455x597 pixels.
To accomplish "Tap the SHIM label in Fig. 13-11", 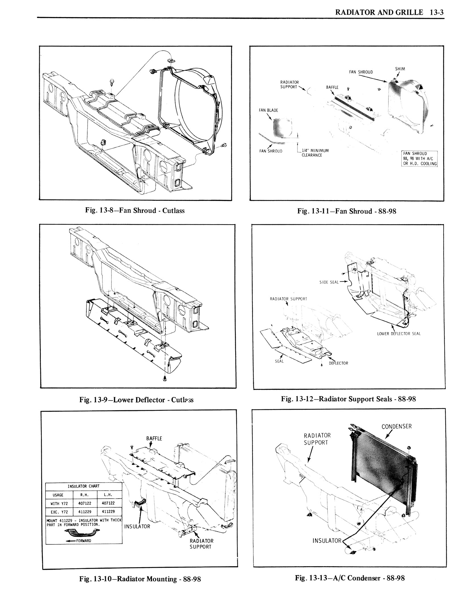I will (400, 69).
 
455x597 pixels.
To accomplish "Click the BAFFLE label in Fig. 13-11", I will (332, 87).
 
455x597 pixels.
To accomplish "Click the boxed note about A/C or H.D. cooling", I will (419, 159).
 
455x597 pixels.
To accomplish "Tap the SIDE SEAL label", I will (329, 282).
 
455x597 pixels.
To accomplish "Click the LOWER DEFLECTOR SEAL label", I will (399, 333).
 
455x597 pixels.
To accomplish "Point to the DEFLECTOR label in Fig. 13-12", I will (338, 363).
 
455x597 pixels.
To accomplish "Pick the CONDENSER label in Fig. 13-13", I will (396, 426).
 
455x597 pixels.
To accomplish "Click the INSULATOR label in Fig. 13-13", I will (327, 541).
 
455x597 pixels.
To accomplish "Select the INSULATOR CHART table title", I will (84, 486).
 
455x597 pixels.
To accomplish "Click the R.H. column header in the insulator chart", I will (85, 495).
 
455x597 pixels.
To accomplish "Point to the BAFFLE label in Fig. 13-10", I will (154, 438).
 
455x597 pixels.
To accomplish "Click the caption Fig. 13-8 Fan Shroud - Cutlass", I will (135, 211).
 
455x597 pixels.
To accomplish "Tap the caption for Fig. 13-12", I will (348, 399).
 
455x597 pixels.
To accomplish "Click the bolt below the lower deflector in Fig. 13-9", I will (165, 379).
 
